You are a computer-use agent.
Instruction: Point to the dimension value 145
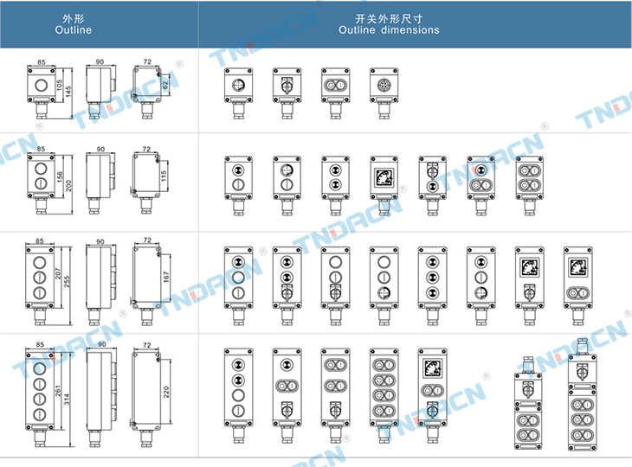(68, 93)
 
